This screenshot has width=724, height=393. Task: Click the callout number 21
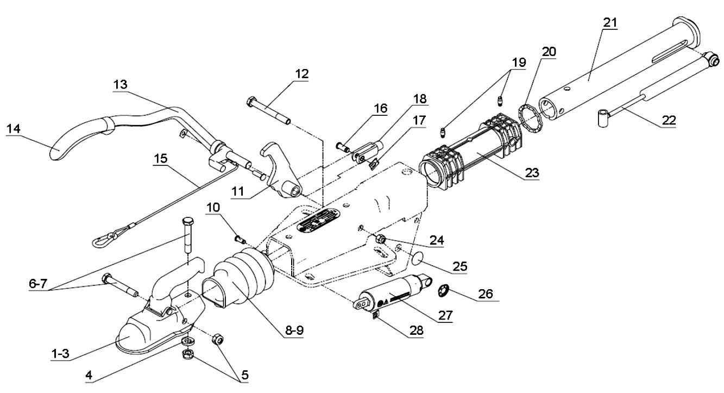click(x=610, y=23)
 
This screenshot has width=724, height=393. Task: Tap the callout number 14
click(x=13, y=129)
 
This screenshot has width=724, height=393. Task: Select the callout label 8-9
click(x=294, y=330)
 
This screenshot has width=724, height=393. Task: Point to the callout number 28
click(x=416, y=330)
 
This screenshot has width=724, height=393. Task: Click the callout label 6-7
click(x=38, y=284)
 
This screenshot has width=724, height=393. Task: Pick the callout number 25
click(x=459, y=266)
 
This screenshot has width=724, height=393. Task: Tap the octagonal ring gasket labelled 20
click(x=532, y=118)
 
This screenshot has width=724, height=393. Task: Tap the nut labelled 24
click(x=380, y=240)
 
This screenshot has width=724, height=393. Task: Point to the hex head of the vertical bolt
click(x=188, y=222)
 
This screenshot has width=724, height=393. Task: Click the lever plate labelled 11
click(x=281, y=171)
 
